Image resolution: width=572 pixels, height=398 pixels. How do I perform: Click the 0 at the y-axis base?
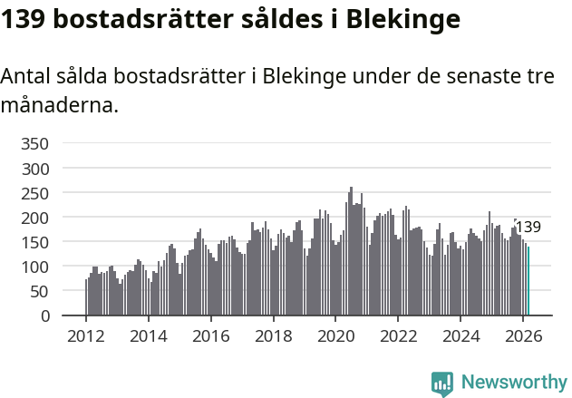(45, 315)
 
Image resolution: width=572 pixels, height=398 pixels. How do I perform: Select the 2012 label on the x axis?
(86, 336)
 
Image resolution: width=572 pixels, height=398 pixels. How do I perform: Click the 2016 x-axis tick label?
(211, 336)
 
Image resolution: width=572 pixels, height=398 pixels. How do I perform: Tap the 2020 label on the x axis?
(335, 336)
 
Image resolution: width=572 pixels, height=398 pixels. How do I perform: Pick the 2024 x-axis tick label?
(461, 336)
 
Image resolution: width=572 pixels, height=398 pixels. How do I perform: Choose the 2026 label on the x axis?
(523, 336)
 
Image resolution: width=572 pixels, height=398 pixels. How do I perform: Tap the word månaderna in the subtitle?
(59, 105)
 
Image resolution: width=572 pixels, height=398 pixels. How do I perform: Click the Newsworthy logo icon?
(442, 383)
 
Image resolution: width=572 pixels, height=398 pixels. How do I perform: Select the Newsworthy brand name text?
(514, 383)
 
